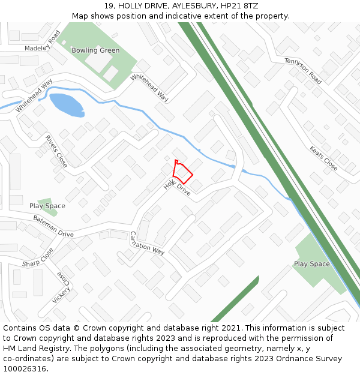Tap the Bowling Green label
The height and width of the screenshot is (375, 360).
pos(95,50)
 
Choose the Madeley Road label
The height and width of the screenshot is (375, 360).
pos(43,40)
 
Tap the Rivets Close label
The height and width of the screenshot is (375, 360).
pos(56,151)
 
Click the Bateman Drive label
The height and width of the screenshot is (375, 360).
pos(53,226)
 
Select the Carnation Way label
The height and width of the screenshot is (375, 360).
pos(147,243)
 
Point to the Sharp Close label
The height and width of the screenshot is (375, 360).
pos(38,257)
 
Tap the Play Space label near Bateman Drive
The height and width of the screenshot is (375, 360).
pos(47,206)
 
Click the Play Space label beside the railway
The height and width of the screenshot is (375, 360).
pos(311,264)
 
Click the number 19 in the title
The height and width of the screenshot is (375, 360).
pos(109,5)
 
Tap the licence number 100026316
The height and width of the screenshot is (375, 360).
pos(25,368)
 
